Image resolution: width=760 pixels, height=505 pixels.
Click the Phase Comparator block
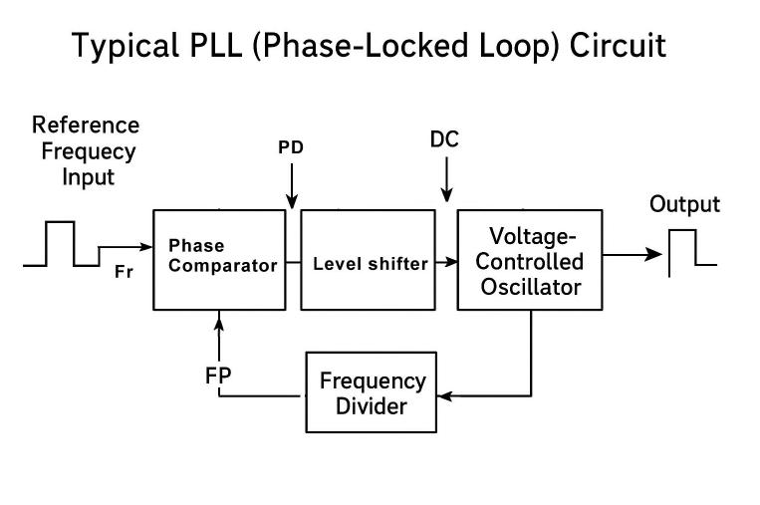coord(218,259)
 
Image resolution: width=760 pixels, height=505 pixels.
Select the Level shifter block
coord(370,260)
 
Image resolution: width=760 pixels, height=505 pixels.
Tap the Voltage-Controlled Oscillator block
coord(529,259)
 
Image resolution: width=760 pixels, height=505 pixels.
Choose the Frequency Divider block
coord(372,392)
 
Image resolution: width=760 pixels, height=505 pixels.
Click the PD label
coord(291,147)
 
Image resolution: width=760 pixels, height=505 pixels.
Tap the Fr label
coord(125,273)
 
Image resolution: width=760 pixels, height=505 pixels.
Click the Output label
coord(684,205)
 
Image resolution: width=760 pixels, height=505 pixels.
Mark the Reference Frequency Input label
coord(86,151)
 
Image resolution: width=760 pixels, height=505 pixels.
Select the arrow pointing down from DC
coord(446,185)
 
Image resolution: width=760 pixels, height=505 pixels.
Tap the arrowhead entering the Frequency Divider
coord(444,395)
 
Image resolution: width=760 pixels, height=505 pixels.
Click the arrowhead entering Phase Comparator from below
coord(218,317)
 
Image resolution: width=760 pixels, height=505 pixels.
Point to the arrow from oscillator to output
coord(633,254)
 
